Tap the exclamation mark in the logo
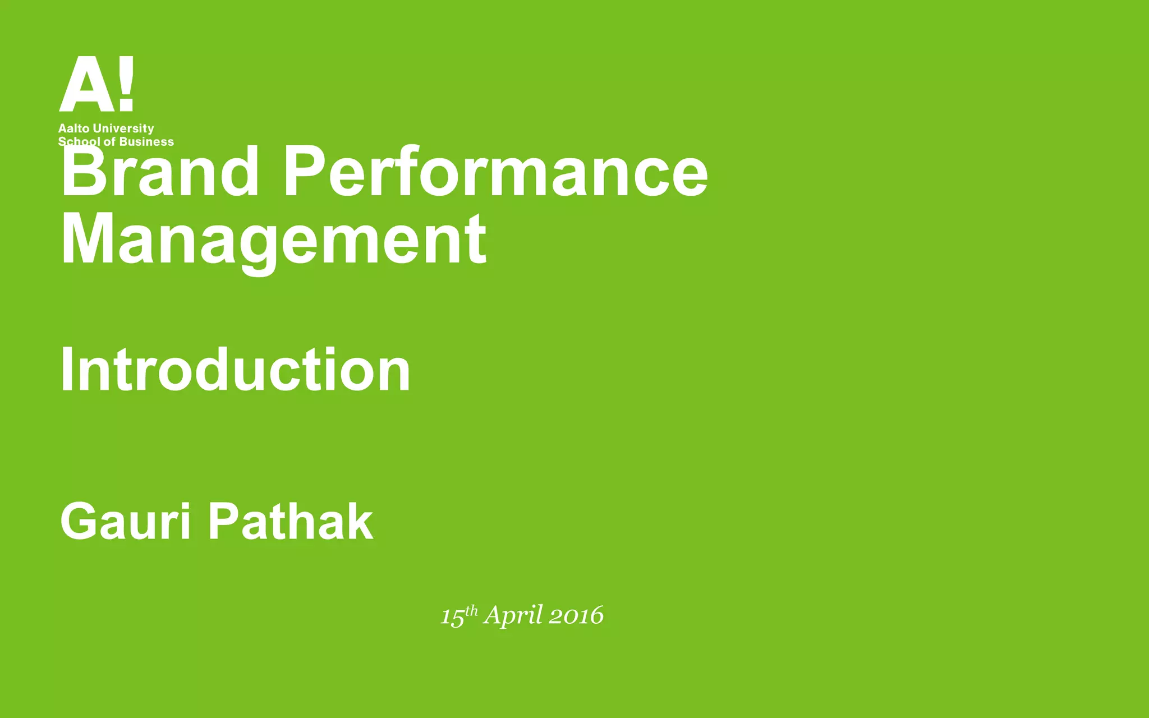pos(127,83)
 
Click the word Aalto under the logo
pos(74,128)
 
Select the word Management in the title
pos(273,240)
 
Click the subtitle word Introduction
pos(236,370)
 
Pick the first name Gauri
pos(126,522)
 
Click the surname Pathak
pos(291,522)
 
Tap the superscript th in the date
pos(472,610)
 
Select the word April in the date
pos(513,616)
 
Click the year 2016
pos(576,616)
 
